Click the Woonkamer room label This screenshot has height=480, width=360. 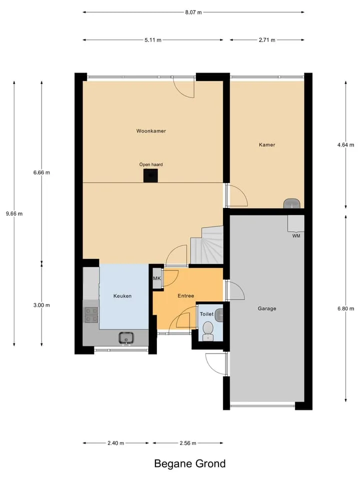[151, 131]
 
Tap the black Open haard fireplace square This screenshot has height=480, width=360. [150, 175]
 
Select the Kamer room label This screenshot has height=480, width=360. [267, 145]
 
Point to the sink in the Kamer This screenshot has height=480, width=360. [291, 203]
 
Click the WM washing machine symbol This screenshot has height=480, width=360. [295, 223]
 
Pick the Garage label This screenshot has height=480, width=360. [267, 308]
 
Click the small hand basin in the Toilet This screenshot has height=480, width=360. [219, 315]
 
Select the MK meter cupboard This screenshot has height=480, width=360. [157, 278]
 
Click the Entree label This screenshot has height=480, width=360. [186, 295]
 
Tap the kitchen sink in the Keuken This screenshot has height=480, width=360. [126, 338]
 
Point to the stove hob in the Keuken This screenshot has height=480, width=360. [91, 315]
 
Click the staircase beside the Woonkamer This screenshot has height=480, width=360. [207, 245]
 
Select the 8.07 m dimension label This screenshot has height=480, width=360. [193, 12]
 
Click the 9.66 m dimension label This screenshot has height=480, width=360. [14, 213]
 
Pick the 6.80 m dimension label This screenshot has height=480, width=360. [345, 308]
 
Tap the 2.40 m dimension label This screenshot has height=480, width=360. [115, 443]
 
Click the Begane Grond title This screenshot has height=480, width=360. [190, 464]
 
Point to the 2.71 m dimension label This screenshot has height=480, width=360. [267, 40]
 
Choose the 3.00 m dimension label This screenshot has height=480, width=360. [41, 305]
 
